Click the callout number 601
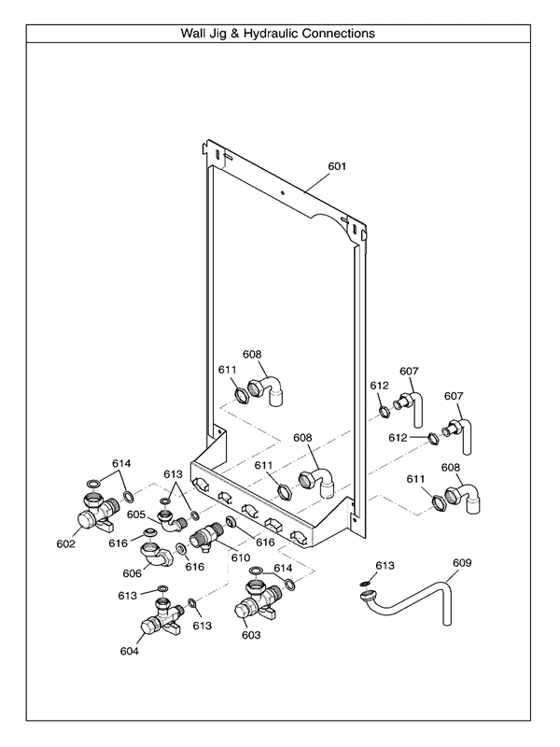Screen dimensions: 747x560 pos(337,167)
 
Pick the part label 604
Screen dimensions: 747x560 pos(130,651)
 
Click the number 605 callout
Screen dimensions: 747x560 pos(137,514)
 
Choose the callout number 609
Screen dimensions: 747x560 pos(462,563)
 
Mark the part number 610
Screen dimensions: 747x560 pos(241,557)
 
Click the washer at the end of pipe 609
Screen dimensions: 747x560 pos(366,585)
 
